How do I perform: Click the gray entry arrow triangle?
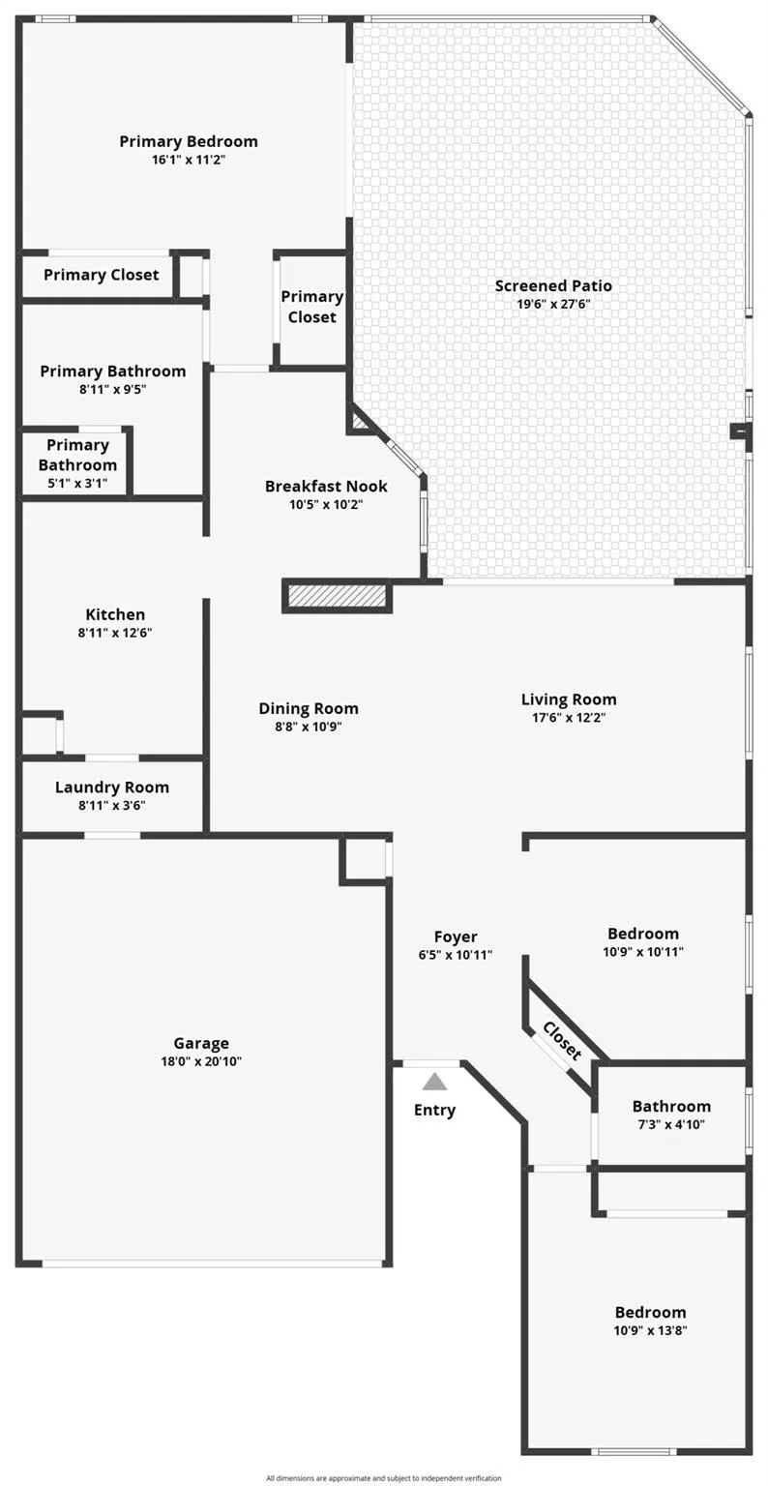click(434, 1082)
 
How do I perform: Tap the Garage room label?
click(201, 1044)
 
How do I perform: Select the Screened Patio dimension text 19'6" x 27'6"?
click(554, 305)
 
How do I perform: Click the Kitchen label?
click(115, 614)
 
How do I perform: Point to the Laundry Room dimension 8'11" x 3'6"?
click(112, 805)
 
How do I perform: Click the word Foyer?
click(456, 936)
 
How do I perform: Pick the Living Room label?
click(569, 699)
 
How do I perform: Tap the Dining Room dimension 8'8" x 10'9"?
click(309, 727)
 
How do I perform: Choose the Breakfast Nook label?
click(326, 487)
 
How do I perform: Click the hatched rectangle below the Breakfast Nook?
click(337, 594)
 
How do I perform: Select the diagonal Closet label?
click(562, 1040)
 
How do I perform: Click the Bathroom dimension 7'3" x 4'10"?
click(671, 1124)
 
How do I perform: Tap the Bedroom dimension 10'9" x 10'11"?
click(642, 951)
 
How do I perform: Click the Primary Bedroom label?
click(189, 141)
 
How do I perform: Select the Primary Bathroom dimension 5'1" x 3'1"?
click(77, 483)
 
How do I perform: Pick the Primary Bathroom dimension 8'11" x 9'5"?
click(113, 389)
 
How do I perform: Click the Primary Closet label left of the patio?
click(311, 307)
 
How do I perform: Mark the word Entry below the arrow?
click(434, 1111)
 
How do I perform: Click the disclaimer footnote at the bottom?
click(384, 1478)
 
